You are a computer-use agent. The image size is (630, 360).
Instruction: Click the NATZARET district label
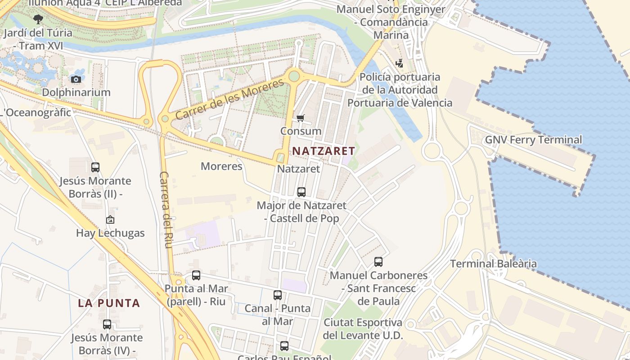click(324, 151)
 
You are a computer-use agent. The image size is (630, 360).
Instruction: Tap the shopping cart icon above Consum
click(301, 118)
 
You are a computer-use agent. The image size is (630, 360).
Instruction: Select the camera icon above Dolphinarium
click(76, 80)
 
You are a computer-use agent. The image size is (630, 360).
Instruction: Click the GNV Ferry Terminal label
click(533, 140)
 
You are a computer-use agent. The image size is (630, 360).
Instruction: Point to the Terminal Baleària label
click(493, 264)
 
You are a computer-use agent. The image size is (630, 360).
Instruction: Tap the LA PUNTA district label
click(109, 303)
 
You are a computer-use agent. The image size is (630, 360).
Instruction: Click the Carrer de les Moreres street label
click(229, 99)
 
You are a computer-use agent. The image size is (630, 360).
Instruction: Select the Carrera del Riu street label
click(166, 209)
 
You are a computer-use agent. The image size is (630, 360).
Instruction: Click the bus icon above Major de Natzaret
click(301, 192)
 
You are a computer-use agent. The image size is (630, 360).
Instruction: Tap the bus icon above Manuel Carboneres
click(378, 261)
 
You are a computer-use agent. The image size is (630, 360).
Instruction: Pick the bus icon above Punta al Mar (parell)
click(196, 275)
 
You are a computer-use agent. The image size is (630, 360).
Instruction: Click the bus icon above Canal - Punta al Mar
click(278, 295)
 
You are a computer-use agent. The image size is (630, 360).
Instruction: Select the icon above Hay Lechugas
click(110, 220)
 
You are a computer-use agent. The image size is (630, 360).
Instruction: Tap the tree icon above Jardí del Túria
click(38, 19)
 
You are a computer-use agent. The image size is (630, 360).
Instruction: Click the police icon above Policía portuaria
click(400, 63)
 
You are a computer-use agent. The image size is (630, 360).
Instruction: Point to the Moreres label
click(221, 166)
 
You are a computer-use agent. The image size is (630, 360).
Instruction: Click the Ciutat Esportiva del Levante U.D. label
click(363, 329)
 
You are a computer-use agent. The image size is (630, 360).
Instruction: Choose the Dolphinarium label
click(76, 92)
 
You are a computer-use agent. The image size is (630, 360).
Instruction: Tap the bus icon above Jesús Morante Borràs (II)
click(95, 167)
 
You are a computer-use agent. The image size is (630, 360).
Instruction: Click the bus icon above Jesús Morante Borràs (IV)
click(107, 324)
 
